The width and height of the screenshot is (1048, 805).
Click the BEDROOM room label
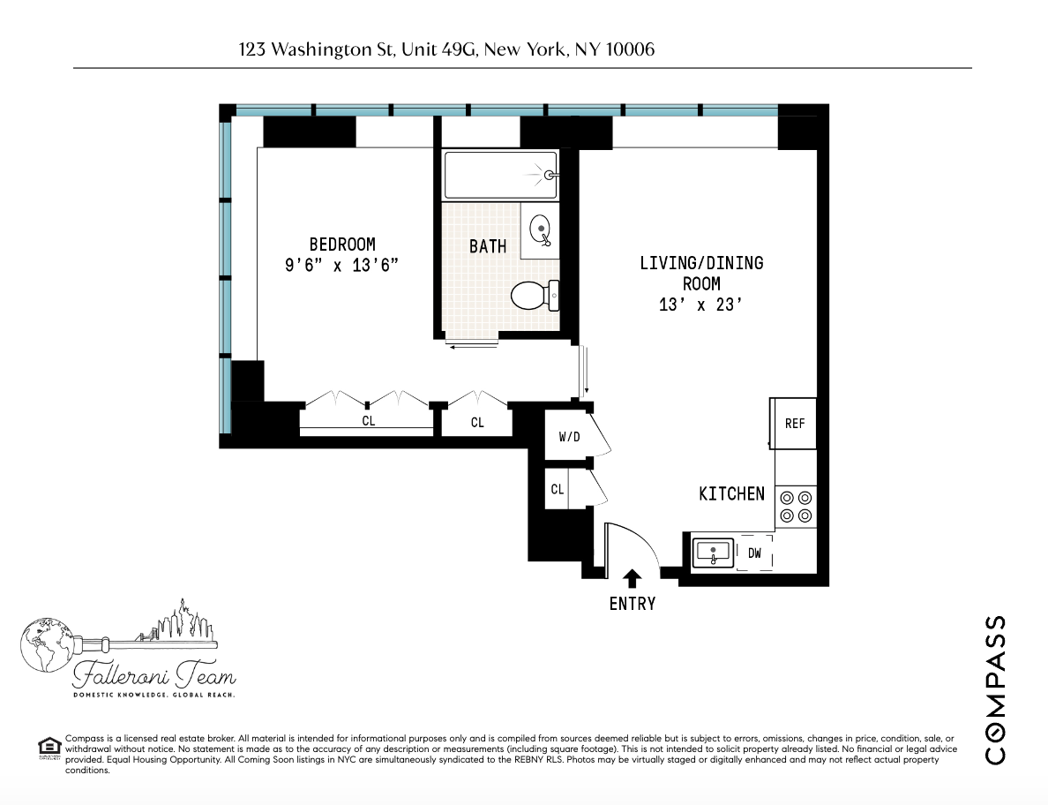click(342, 245)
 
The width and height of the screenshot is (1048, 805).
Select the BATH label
click(488, 246)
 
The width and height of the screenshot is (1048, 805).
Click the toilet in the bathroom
click(535, 295)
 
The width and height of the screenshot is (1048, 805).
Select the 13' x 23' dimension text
click(701, 305)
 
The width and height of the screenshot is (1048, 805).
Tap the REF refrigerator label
click(795, 424)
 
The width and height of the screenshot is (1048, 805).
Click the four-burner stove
click(796, 507)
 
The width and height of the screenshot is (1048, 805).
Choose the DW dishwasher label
click(754, 553)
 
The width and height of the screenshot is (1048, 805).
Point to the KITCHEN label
click(731, 493)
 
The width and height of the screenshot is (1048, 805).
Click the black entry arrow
click(632, 578)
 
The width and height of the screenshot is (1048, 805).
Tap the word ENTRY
click(633, 604)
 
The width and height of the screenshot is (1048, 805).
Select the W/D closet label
click(568, 437)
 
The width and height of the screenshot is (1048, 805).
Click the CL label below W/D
click(557, 489)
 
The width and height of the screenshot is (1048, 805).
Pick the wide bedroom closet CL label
click(369, 422)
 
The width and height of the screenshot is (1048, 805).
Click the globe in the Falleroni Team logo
click(41, 640)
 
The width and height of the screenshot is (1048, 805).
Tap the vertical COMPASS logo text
click(994, 688)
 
